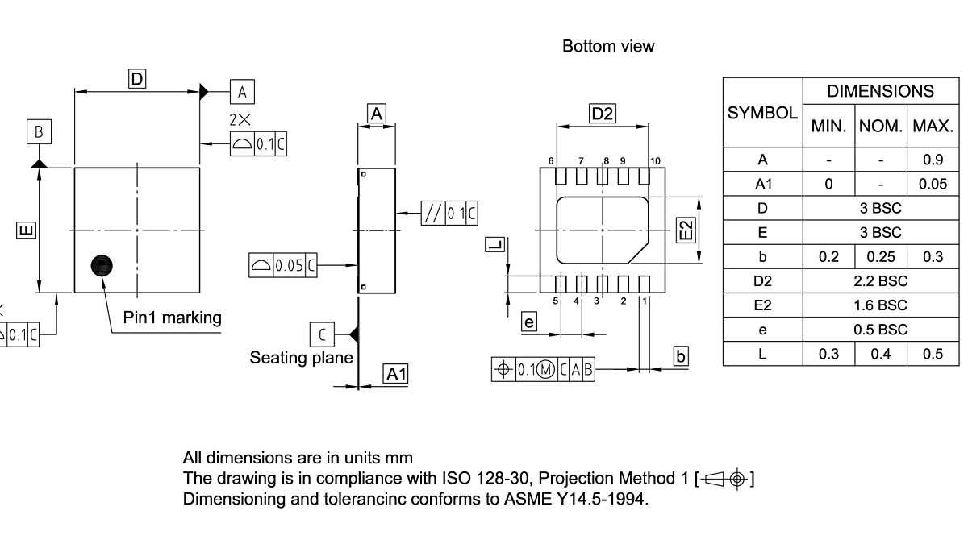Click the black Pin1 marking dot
(102, 265)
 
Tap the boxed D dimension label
(137, 78)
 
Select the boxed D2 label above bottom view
(603, 114)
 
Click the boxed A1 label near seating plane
(395, 373)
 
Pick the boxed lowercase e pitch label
(529, 322)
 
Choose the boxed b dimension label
(681, 355)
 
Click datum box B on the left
(38, 131)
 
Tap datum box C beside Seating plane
(322, 334)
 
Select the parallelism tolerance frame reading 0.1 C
(449, 213)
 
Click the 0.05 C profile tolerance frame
(283, 265)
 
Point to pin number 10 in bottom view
(655, 161)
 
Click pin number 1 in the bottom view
(645, 301)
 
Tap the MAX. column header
(933, 127)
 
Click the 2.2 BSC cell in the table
(881, 281)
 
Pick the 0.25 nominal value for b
(881, 257)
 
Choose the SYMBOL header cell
(762, 113)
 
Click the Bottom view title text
(608, 46)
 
